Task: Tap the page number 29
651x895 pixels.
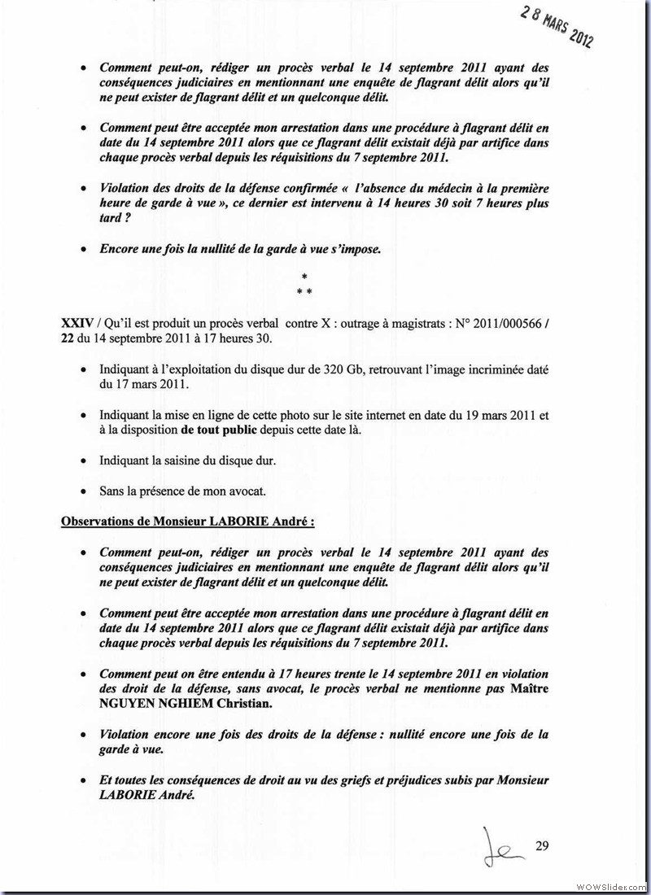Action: coord(543,846)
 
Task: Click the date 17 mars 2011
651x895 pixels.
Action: coord(136,383)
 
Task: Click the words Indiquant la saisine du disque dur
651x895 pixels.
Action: coord(188,461)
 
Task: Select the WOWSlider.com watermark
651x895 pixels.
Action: coord(610,885)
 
